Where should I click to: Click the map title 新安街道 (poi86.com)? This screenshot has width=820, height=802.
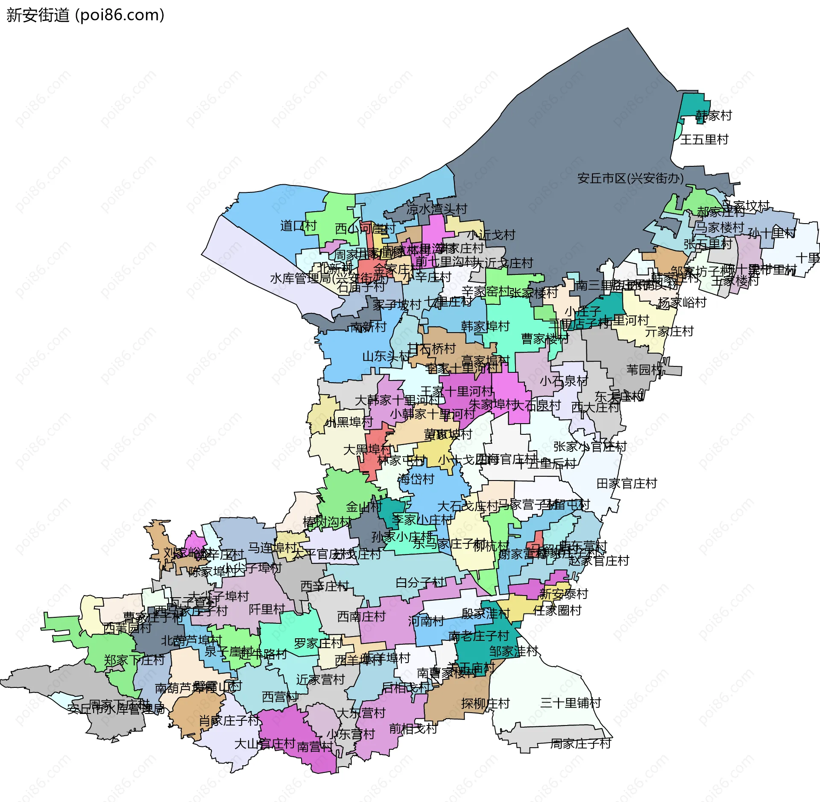tap(85, 15)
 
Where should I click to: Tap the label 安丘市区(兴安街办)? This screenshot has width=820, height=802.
tap(630, 178)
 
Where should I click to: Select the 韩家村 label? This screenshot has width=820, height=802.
tap(714, 115)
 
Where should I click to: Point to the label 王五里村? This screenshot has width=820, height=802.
tap(704, 139)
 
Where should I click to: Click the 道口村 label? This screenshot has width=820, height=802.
tap(298, 226)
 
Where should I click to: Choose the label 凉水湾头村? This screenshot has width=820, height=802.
tap(436, 209)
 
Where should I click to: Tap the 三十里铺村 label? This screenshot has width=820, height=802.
tap(571, 703)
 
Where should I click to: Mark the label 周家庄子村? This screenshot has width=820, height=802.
tap(580, 744)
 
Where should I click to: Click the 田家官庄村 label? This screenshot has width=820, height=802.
tap(627, 484)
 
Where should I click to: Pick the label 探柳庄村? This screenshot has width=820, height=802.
tap(485, 703)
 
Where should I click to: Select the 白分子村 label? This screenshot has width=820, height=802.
tap(420, 582)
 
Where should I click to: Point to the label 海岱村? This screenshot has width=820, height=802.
tap(416, 479)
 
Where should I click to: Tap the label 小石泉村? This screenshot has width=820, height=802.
tap(564, 380)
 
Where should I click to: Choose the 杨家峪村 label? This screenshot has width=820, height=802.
tap(682, 303)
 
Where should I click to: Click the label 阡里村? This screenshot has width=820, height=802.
tap(267, 609)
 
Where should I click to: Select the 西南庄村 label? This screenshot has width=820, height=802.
tap(361, 616)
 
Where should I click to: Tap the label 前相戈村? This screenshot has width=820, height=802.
tap(413, 728)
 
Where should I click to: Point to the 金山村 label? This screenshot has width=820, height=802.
tap(364, 507)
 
